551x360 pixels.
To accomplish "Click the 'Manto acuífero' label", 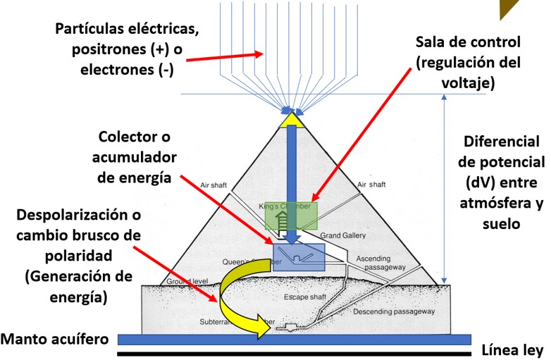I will pyautogui.click(x=54, y=338).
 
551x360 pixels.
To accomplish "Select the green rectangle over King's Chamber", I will pyautogui.click(x=291, y=216).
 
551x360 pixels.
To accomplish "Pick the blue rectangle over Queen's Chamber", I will pyautogui.click(x=298, y=256).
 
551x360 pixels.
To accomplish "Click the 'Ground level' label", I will pyautogui.click(x=185, y=281).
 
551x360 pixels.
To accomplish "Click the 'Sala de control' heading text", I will pyautogui.click(x=468, y=43).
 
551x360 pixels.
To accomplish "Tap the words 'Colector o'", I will pyautogui.click(x=135, y=136).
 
